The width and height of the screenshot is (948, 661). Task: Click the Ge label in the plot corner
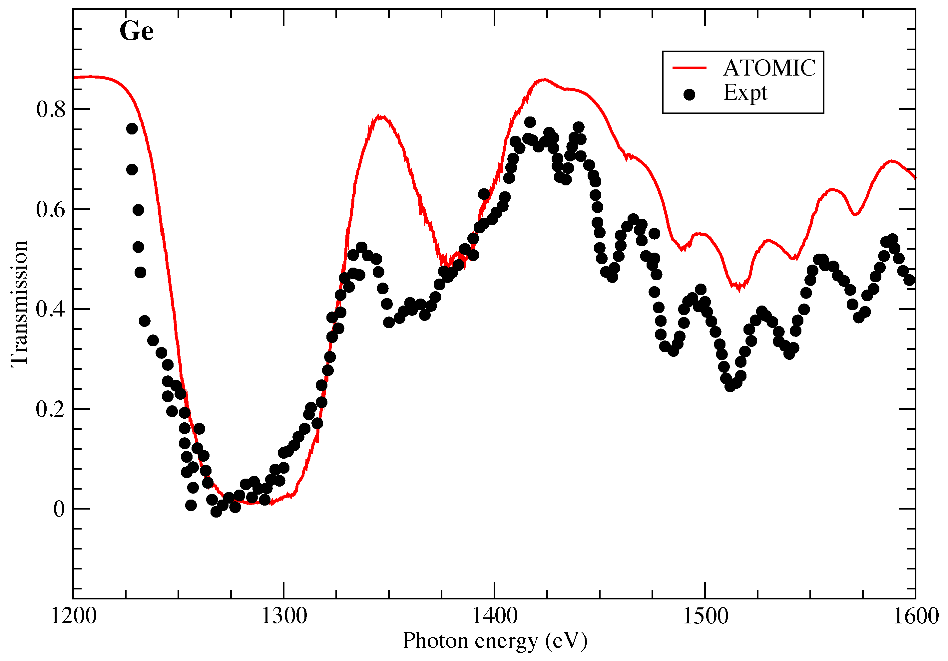[x=136, y=31]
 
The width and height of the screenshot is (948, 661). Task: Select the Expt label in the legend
[x=745, y=93]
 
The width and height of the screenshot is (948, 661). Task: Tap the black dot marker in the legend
[x=689, y=95]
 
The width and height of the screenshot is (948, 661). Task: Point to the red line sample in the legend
[x=690, y=68]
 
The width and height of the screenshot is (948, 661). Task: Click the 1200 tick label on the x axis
[x=74, y=616]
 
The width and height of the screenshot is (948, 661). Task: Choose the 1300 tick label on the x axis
[x=284, y=616]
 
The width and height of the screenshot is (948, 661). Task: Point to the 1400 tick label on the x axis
[x=494, y=616]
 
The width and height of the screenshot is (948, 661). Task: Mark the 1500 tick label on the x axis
[x=705, y=616]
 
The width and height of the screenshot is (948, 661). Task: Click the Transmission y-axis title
[x=19, y=304]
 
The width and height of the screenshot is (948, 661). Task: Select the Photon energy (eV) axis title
[x=495, y=641]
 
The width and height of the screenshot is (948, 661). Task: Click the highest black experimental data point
[x=530, y=122]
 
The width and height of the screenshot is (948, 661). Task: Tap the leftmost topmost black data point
[x=132, y=129]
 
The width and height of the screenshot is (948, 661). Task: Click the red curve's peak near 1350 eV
[x=380, y=117]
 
